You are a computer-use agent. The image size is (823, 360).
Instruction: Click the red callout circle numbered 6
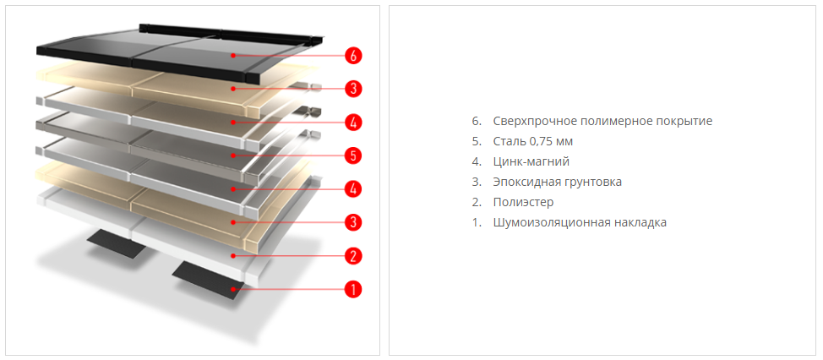click(x=353, y=56)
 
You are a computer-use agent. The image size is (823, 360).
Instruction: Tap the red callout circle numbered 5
click(x=353, y=155)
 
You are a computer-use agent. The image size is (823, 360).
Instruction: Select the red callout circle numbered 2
click(x=353, y=255)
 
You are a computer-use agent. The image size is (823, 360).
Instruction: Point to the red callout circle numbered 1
click(x=353, y=289)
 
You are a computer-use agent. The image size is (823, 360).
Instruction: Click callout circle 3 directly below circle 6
click(x=353, y=88)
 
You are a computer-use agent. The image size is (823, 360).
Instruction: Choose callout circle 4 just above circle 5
click(x=353, y=122)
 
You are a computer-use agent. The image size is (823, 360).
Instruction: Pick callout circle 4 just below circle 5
click(x=353, y=188)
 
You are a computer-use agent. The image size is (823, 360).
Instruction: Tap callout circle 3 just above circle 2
click(x=353, y=222)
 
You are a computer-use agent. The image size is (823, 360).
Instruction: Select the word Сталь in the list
click(x=510, y=141)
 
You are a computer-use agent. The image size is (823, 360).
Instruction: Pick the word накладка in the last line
click(x=640, y=222)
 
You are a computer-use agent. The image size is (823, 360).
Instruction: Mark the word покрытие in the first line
click(x=684, y=121)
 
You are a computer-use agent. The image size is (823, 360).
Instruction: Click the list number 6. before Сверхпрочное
click(x=477, y=121)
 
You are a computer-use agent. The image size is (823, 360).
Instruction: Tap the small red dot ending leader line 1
click(x=237, y=289)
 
